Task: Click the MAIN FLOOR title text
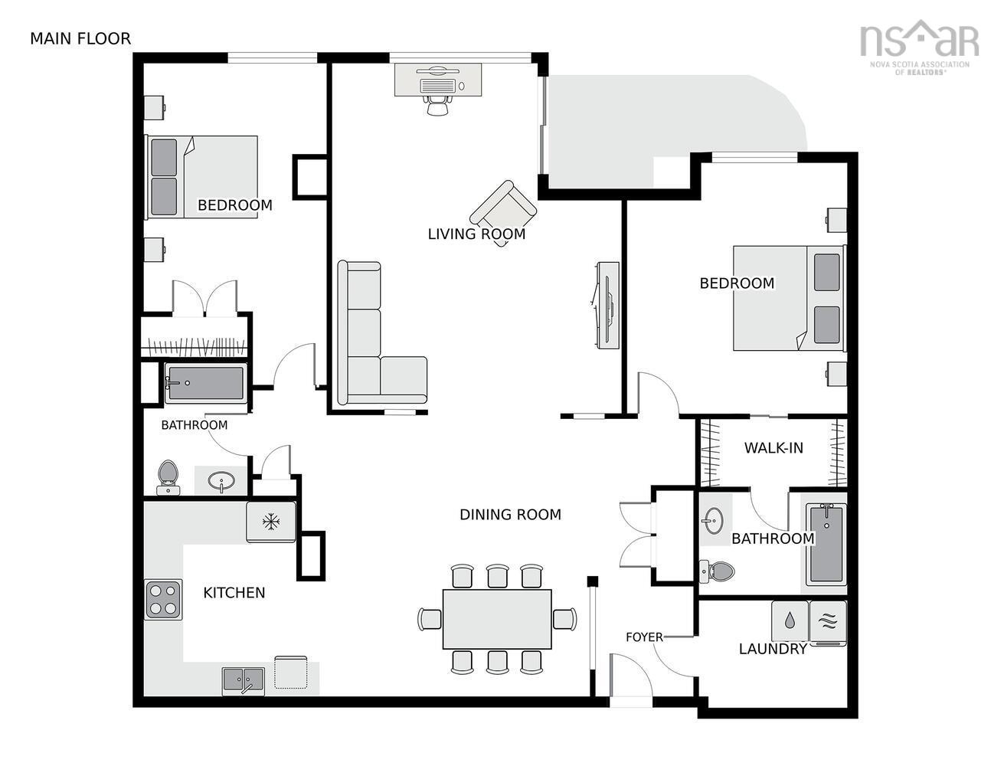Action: click(x=80, y=38)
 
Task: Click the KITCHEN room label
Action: click(x=234, y=592)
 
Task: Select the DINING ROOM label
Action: click(x=510, y=515)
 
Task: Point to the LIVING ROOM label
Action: click(x=476, y=234)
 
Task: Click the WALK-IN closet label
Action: click(x=774, y=447)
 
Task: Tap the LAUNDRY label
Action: click(x=773, y=649)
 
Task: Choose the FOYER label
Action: click(x=643, y=637)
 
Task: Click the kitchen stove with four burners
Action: click(x=164, y=599)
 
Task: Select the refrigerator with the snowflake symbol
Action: click(x=270, y=522)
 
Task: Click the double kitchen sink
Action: click(x=244, y=679)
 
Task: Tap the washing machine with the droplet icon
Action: click(x=790, y=621)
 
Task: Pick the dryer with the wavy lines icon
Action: click(x=828, y=621)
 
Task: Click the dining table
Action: click(x=497, y=619)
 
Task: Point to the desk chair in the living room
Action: click(x=437, y=105)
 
